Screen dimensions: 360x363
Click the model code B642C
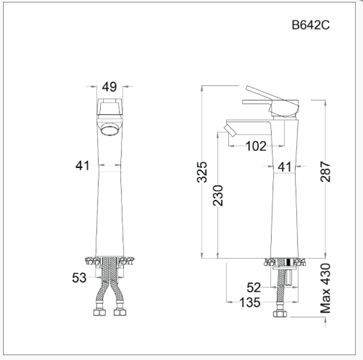tap(310, 25)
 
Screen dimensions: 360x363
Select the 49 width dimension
tap(108, 87)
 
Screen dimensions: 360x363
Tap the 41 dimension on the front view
tap(83, 165)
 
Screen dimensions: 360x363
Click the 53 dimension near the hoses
tap(79, 278)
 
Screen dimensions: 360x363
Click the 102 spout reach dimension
tap(255, 146)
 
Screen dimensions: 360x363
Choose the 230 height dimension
tap(219, 195)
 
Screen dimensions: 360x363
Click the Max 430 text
tap(326, 287)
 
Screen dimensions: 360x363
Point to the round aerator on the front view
tap(110, 129)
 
